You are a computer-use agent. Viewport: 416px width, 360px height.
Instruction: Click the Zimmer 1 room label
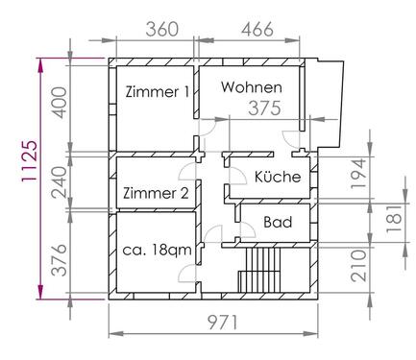click(x=158, y=92)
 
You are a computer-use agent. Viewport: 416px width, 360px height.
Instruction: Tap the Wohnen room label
click(x=252, y=87)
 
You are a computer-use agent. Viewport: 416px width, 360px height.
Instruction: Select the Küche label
click(x=278, y=177)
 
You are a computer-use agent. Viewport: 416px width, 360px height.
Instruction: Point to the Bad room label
click(x=278, y=222)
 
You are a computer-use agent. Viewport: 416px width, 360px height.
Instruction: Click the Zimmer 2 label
click(x=156, y=193)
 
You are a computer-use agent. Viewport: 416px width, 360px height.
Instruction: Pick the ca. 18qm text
click(x=157, y=250)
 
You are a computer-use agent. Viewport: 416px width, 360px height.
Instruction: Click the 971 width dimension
click(x=223, y=323)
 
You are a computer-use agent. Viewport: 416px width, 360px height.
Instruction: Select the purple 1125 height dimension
click(x=29, y=161)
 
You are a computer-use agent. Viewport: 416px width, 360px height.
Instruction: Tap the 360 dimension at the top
click(x=161, y=30)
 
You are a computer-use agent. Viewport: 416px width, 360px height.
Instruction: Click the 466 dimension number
click(x=257, y=30)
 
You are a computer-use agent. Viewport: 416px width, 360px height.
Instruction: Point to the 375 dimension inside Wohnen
click(x=265, y=108)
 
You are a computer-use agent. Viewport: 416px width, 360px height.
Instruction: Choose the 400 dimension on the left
click(x=60, y=103)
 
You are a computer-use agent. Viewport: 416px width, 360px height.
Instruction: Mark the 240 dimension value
click(x=60, y=182)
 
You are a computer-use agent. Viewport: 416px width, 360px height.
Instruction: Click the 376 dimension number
click(x=60, y=260)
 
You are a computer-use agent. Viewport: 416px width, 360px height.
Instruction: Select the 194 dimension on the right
click(x=358, y=174)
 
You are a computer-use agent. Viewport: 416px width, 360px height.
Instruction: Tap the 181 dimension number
click(x=396, y=219)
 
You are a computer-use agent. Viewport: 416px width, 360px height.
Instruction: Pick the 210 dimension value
click(x=358, y=266)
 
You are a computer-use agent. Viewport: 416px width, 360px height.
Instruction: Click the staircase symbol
click(x=259, y=270)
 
